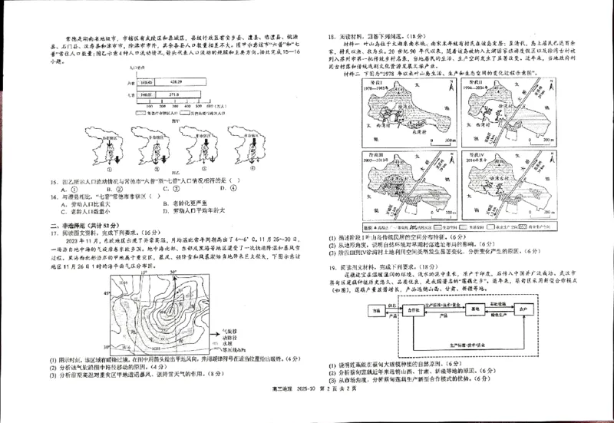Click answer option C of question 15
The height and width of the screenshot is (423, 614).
pos(174,187)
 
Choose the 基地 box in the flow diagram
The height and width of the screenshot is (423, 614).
pos(477,309)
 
